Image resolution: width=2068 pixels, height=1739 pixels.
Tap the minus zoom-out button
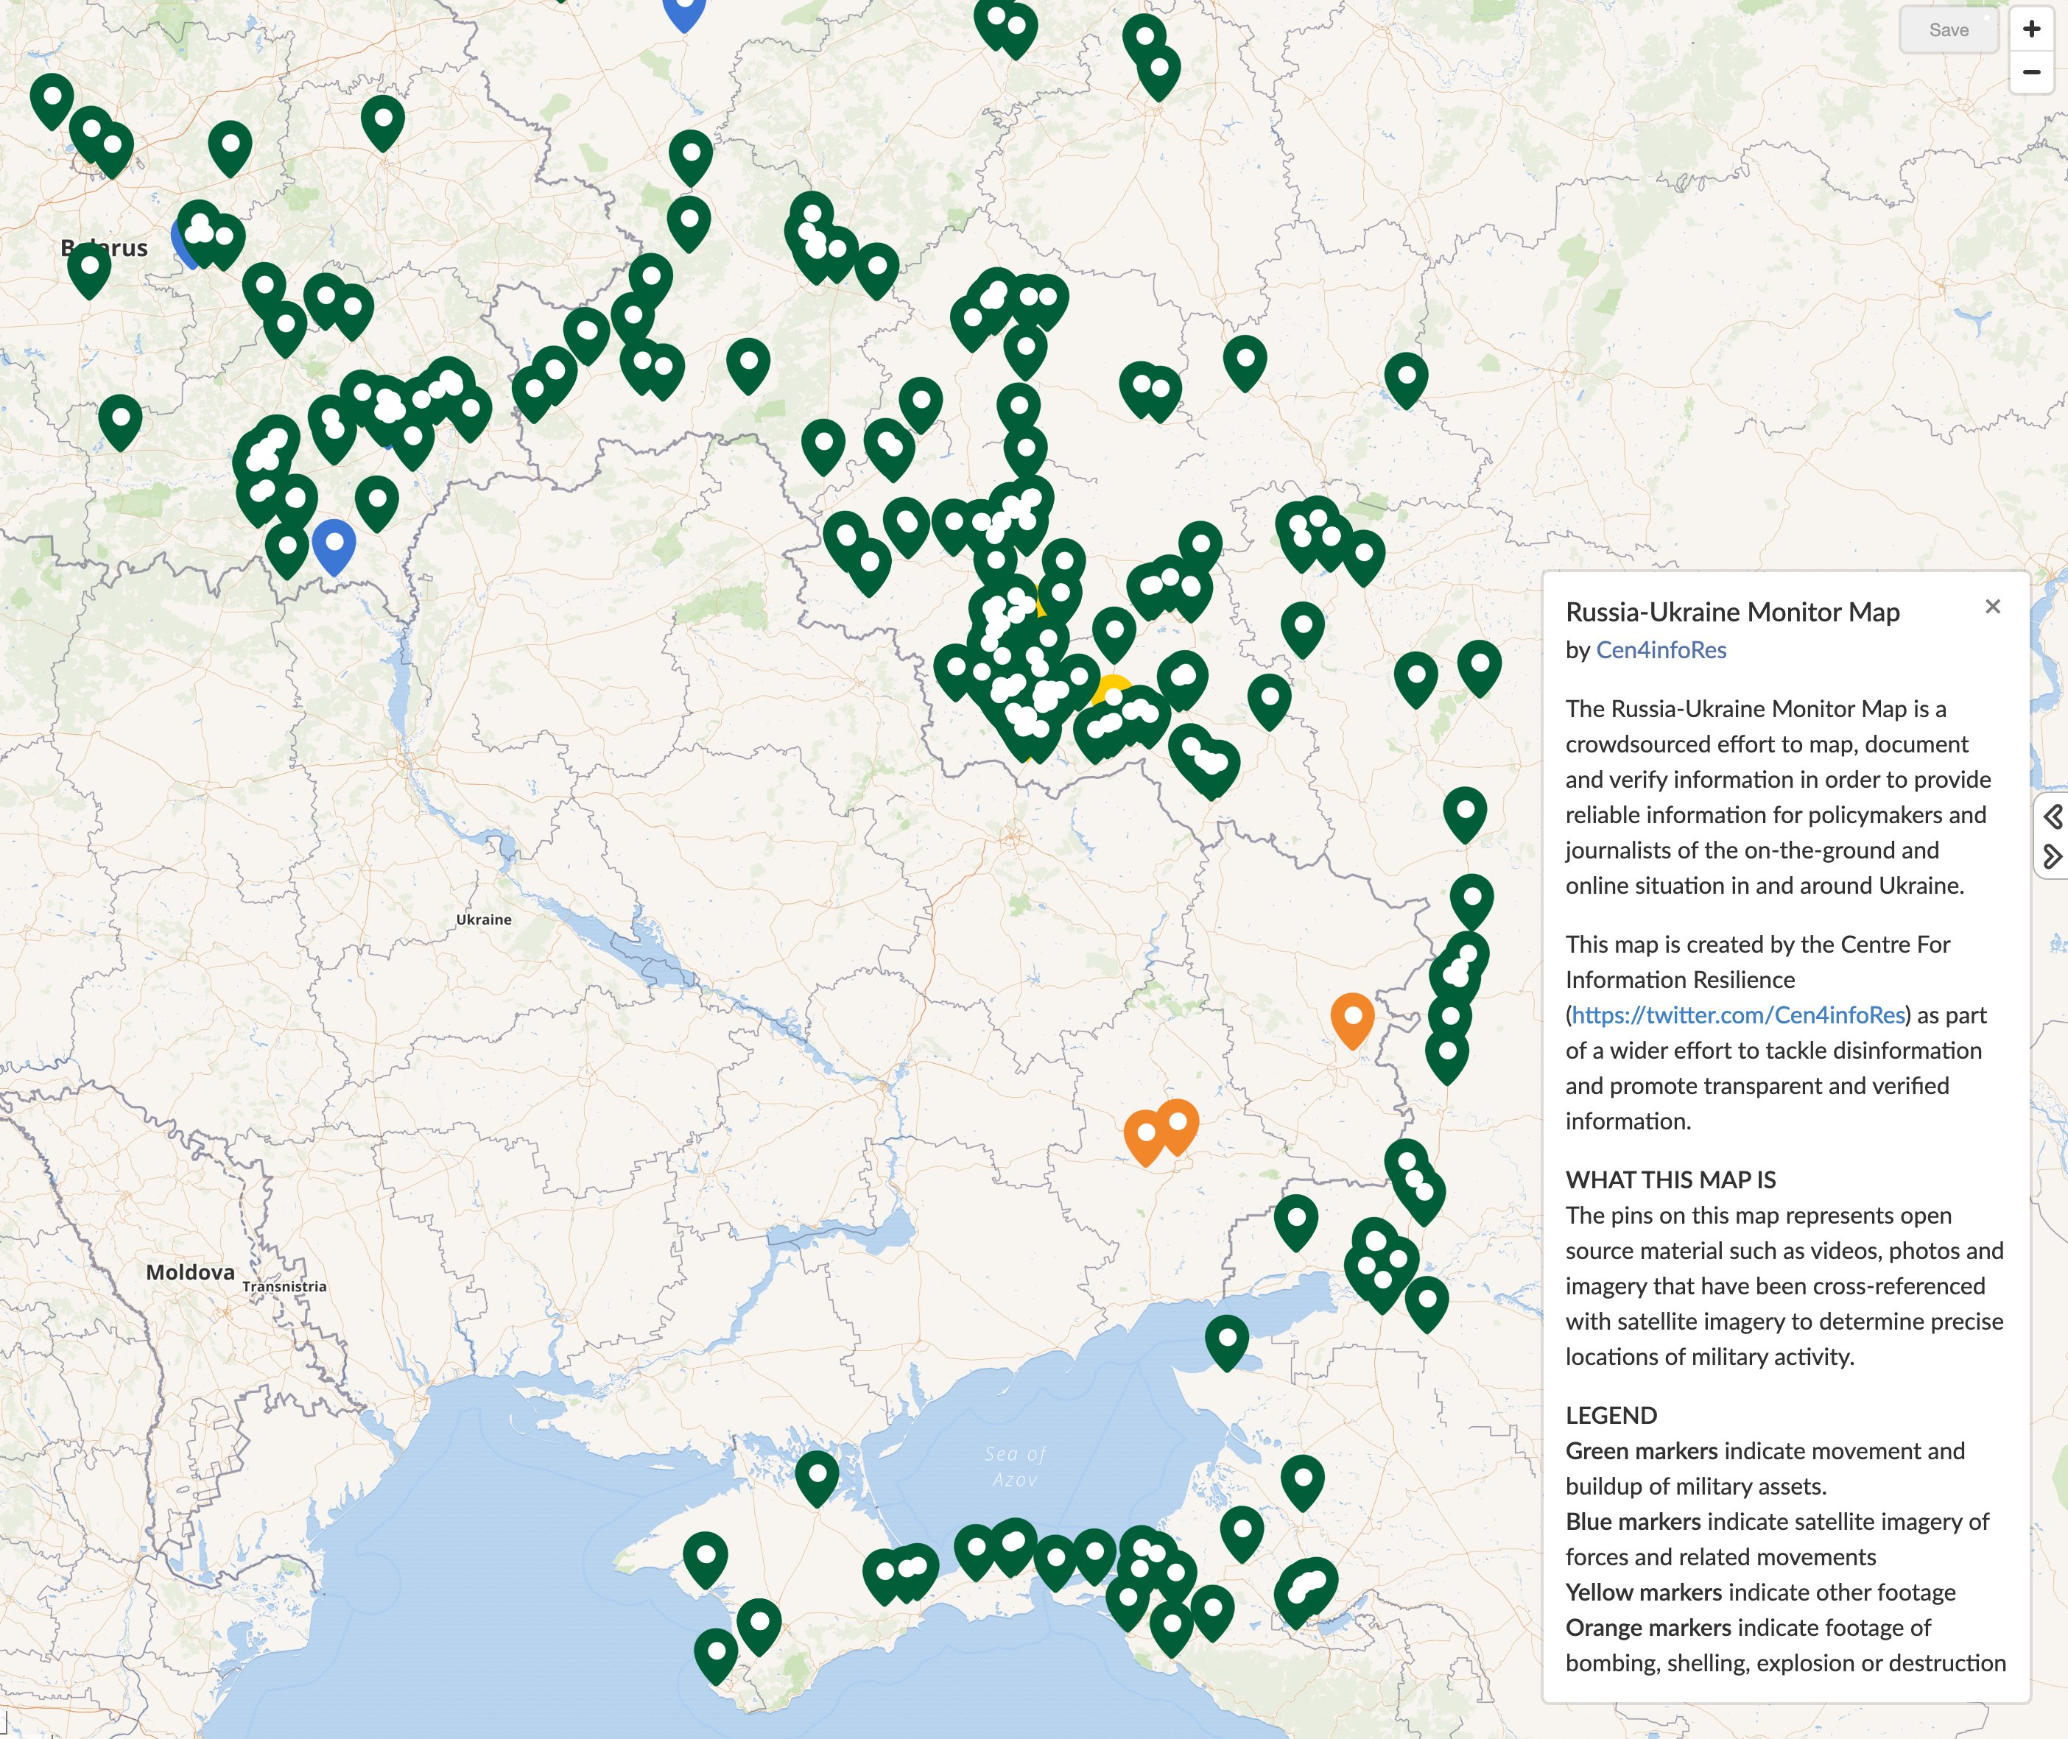click(x=2030, y=72)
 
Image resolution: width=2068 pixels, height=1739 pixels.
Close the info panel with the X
click(x=1992, y=606)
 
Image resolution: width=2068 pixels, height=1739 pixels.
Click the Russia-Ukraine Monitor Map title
click(x=1731, y=613)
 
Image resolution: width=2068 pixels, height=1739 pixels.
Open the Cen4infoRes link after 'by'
click(x=1661, y=649)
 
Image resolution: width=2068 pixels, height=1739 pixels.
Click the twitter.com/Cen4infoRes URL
click(x=1737, y=1015)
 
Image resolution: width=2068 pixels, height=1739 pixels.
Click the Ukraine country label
click(x=483, y=919)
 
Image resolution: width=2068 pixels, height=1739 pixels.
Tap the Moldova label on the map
click(x=190, y=1271)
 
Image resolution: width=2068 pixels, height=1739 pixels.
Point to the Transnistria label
click(x=284, y=1285)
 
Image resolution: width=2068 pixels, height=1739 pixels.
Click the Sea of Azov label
click(x=1015, y=1466)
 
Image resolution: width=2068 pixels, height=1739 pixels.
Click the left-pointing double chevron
click(x=2053, y=816)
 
